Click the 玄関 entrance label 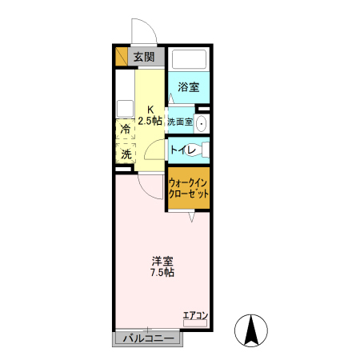coord(144,57)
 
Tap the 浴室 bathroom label coord(188,86)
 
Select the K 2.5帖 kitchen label coord(149,116)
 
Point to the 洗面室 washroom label coord(180,122)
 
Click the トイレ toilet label coord(181,149)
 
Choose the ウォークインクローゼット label coord(189,189)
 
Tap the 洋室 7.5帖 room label coord(162,266)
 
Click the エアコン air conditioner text coord(194,314)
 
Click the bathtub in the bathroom coord(190,61)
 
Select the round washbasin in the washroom coord(202,124)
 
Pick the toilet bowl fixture coord(203,150)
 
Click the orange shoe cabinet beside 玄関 coord(121,57)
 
